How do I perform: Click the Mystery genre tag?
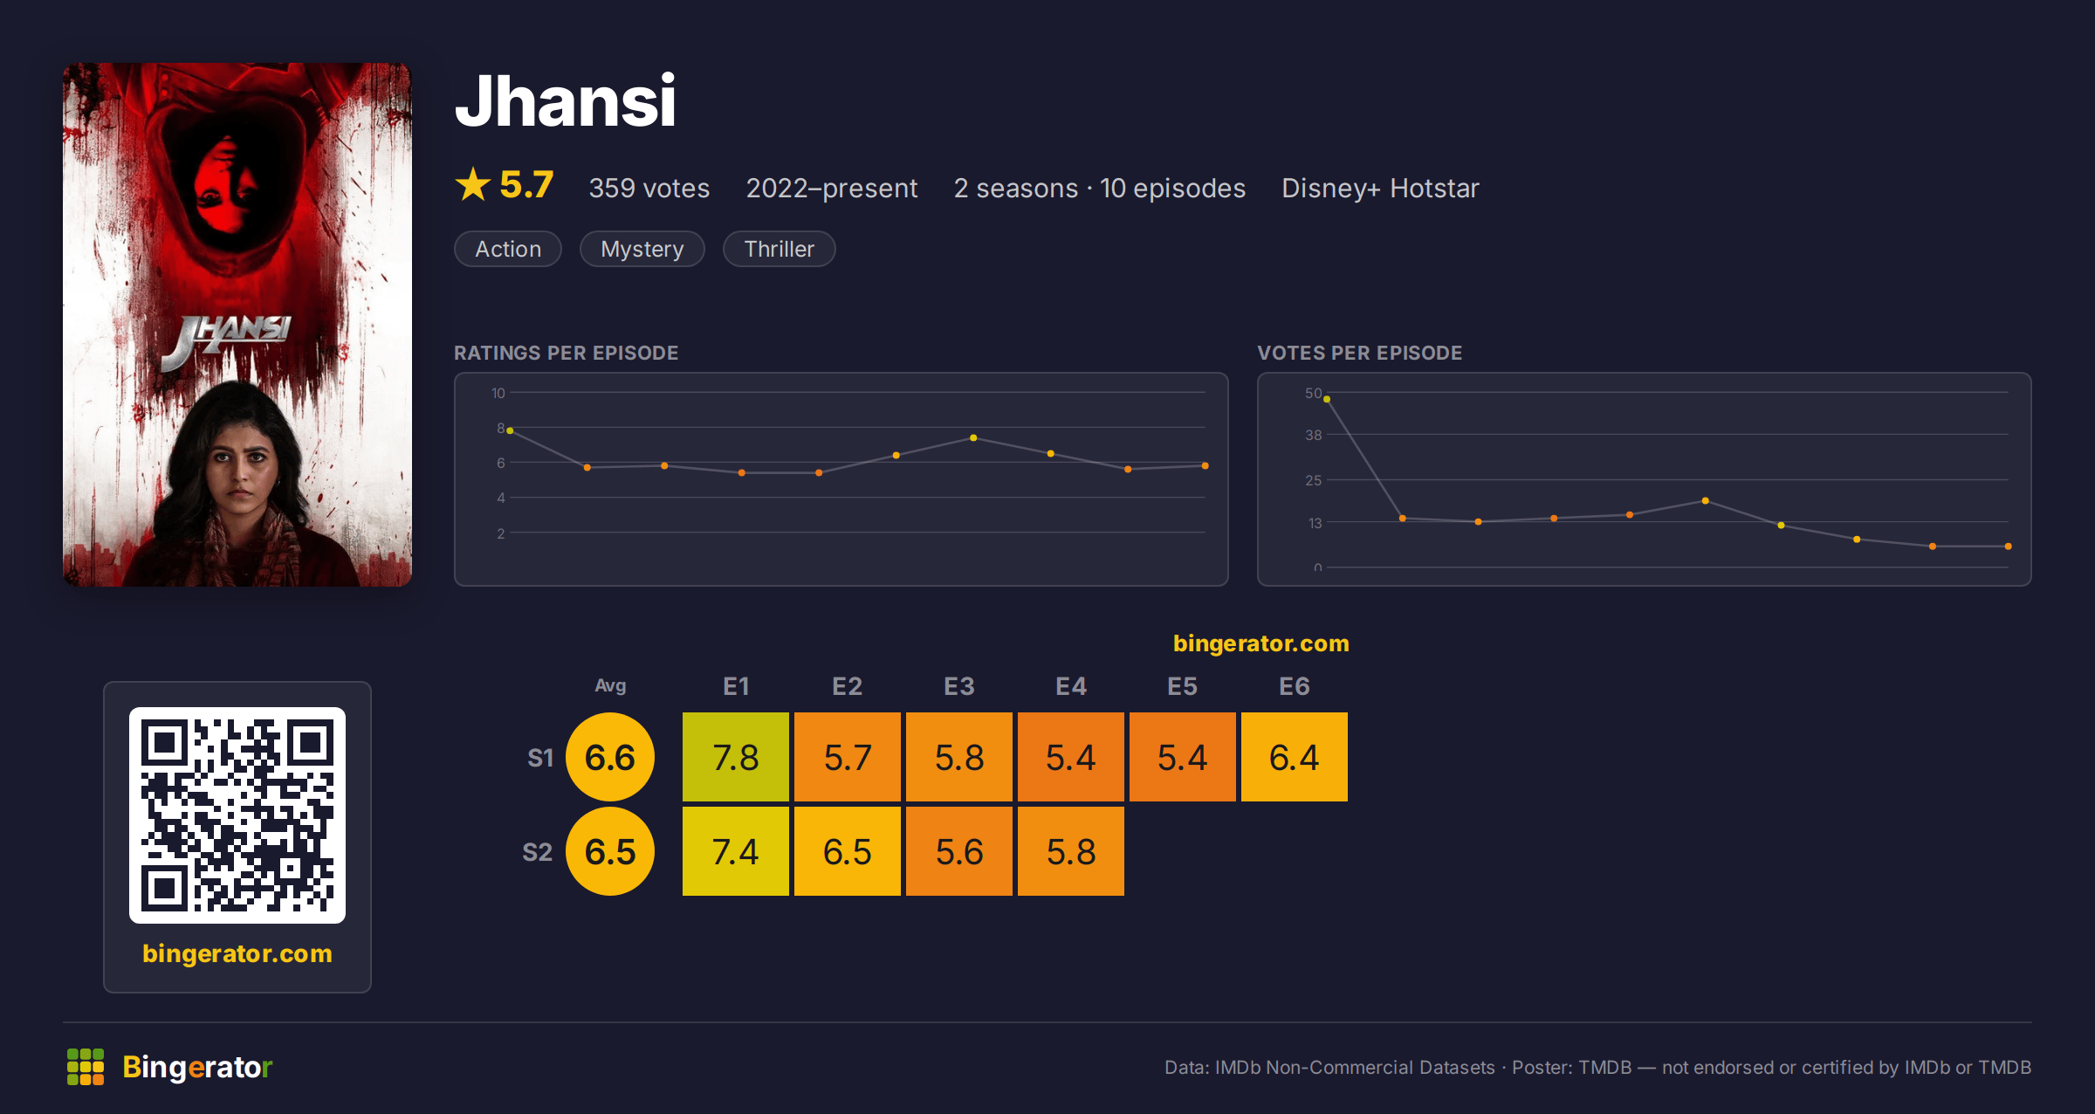click(x=642, y=249)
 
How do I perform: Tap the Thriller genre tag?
click(x=779, y=249)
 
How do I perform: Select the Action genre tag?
click(x=508, y=249)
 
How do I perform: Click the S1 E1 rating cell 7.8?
click(x=736, y=757)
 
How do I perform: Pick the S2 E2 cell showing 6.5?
click(x=848, y=851)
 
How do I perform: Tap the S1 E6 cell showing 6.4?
click(x=1295, y=757)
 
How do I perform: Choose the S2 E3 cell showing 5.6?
click(x=959, y=851)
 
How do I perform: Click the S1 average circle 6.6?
click(x=610, y=757)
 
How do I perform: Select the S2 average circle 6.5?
click(x=610, y=851)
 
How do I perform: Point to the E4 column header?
click(x=1071, y=686)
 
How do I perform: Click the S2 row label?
click(x=537, y=852)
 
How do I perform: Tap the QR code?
click(x=237, y=815)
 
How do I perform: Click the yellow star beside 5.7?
click(x=473, y=184)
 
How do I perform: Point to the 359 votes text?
click(x=649, y=189)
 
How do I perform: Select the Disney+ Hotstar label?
click(x=1380, y=189)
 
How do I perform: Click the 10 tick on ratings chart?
click(x=498, y=393)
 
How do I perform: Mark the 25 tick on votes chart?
click(x=1313, y=480)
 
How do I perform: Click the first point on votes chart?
click(x=1327, y=399)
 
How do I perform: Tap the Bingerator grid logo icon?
click(x=86, y=1067)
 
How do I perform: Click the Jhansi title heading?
click(x=566, y=101)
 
